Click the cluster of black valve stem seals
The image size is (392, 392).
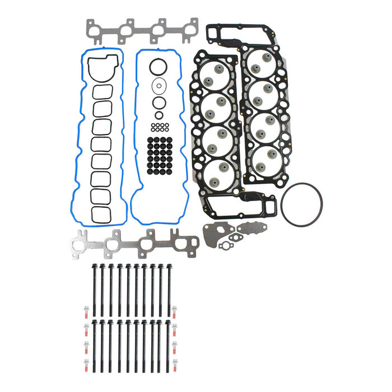[x=160, y=154]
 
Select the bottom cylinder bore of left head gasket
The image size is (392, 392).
[x=216, y=171]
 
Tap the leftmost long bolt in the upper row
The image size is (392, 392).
[x=95, y=286]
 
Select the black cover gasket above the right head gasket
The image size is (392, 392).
[x=235, y=34]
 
